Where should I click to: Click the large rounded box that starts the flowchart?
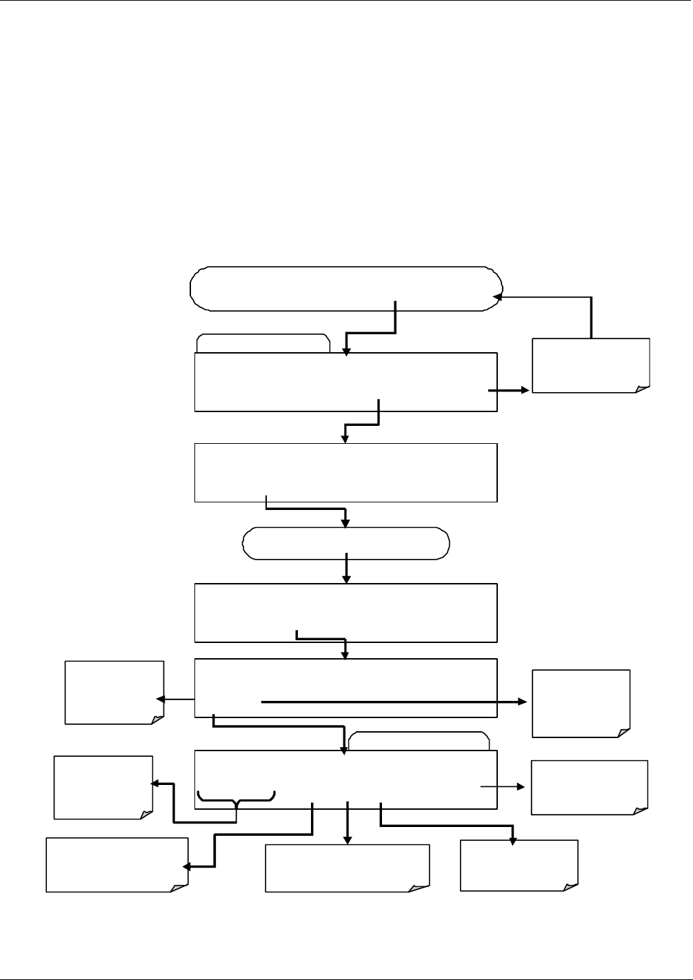tap(345, 288)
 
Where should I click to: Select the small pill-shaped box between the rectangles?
tap(345, 543)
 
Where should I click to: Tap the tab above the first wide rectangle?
tap(263, 343)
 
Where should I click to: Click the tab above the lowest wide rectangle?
tap(419, 741)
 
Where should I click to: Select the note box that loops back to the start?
tap(591, 365)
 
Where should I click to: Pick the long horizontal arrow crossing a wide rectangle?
tap(393, 702)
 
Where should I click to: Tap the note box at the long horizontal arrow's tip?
tap(581, 703)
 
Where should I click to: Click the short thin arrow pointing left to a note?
tap(176, 700)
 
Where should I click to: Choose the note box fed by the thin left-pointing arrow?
tap(114, 693)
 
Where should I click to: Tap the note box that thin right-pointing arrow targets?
tap(590, 787)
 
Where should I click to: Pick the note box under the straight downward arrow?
tap(347, 868)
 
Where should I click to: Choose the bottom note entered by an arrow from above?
tap(519, 865)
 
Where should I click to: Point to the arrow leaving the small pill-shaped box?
tap(346, 569)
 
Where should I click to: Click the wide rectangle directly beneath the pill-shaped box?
tap(345, 613)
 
